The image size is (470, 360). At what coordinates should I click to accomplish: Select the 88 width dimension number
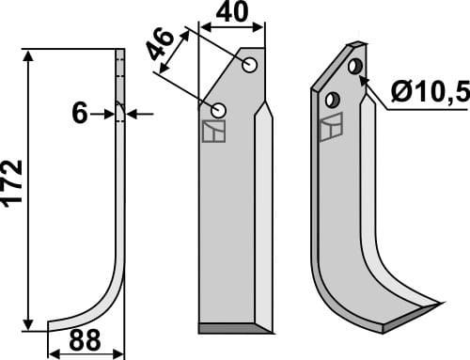click(85, 340)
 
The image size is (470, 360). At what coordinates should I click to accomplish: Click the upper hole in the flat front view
click(249, 65)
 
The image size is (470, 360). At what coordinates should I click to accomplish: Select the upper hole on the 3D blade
click(355, 67)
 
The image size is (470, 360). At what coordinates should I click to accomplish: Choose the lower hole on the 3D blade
click(332, 99)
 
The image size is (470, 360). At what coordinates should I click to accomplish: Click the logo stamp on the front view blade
click(213, 132)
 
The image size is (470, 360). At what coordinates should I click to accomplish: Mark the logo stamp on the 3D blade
click(330, 127)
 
